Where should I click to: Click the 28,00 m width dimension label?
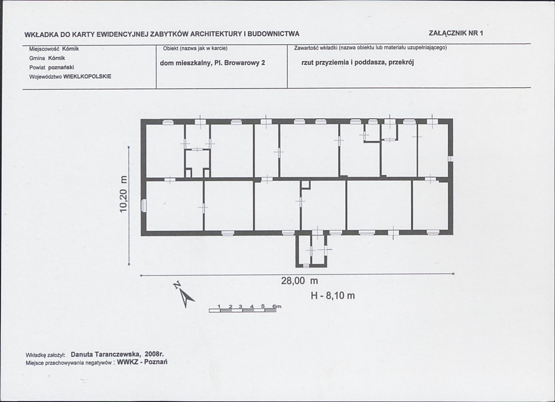pos(299,281)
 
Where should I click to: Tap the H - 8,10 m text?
pos(332,295)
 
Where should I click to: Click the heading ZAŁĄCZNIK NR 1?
pos(456,33)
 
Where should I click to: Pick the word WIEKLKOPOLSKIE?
pos(87,76)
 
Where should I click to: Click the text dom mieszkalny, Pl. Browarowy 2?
pos(212,63)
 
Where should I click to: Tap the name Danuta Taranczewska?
pos(106,354)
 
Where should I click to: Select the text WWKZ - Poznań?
pos(142,362)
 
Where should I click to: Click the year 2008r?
pos(154,354)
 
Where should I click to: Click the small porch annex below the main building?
pos(311,251)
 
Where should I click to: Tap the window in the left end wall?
pos(143,205)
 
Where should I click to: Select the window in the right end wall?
pos(450,159)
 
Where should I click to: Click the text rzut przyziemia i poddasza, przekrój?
pos(357,63)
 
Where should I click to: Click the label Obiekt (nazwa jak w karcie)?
pos(195,48)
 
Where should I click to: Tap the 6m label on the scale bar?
pos(276,306)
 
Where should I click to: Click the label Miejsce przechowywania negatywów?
pos(69,363)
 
